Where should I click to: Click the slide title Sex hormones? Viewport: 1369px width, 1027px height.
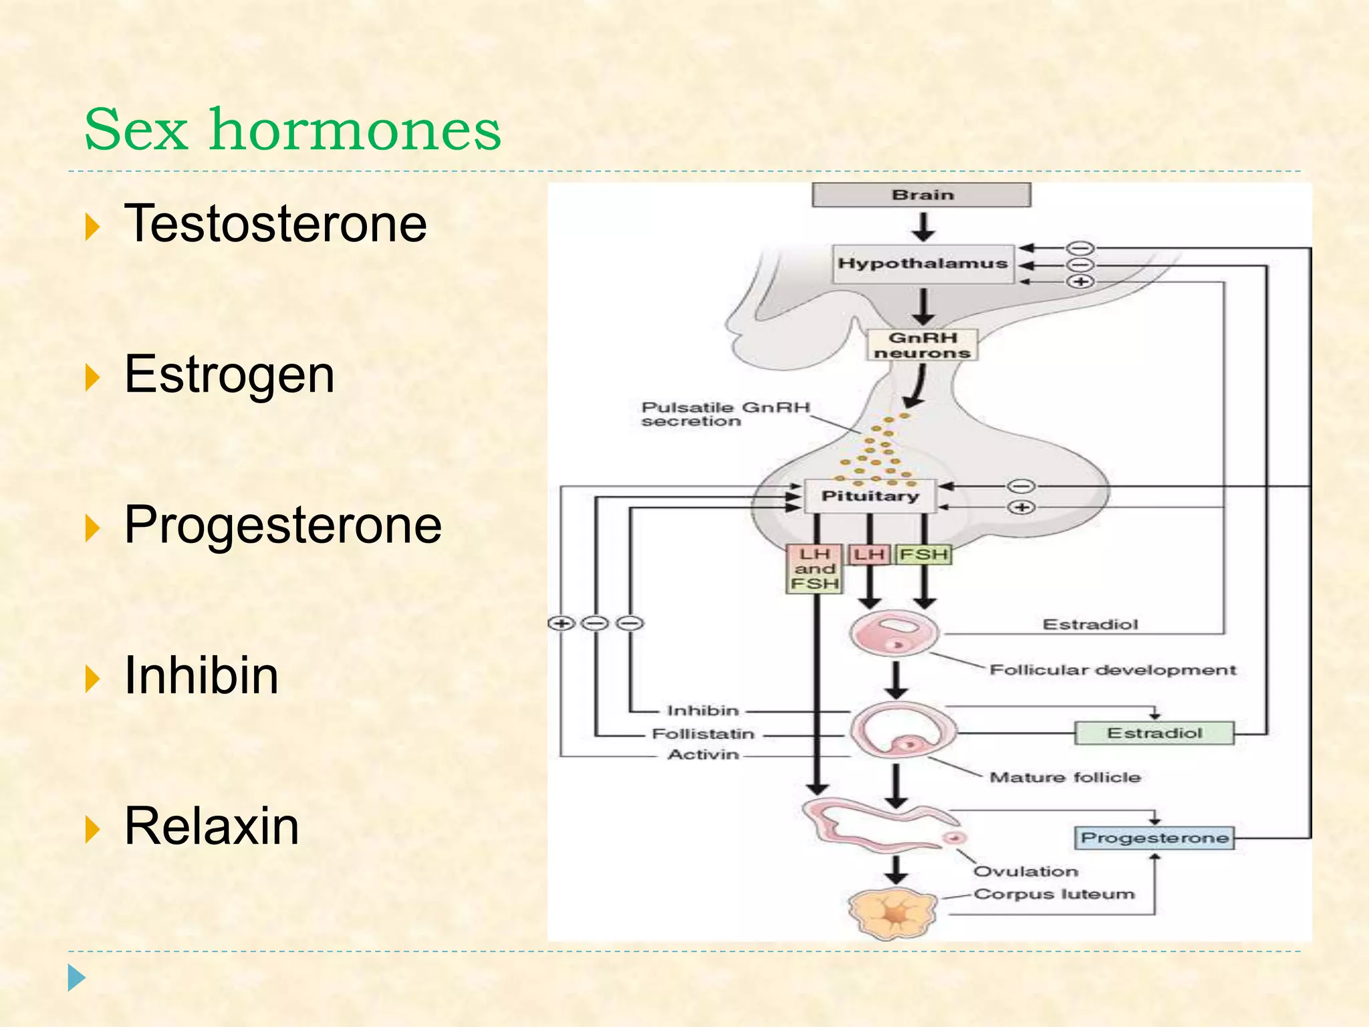292,130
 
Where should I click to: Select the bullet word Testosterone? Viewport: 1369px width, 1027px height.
275,224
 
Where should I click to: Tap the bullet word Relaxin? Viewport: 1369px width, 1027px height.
211,826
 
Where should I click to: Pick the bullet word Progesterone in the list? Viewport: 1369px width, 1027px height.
283,525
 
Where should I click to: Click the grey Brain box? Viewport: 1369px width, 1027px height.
921,195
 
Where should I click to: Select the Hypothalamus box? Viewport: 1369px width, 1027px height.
922,263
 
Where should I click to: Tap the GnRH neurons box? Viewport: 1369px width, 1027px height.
922,345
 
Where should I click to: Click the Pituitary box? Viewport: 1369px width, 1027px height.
870,496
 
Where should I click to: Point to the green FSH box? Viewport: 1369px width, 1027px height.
923,554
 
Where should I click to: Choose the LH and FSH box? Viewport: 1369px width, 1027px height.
814,569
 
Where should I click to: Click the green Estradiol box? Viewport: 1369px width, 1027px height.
1154,733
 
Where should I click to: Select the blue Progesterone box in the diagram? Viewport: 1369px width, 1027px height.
1154,838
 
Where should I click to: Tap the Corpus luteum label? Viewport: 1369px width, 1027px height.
1053,894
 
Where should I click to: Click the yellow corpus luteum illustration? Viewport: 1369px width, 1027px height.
893,914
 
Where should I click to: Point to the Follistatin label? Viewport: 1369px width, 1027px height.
703,733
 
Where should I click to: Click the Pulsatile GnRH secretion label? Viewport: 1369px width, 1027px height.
725,414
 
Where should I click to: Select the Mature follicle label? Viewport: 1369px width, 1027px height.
1064,777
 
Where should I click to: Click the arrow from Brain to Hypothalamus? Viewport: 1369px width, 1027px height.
923,227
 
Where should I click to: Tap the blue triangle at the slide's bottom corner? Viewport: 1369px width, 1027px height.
76,978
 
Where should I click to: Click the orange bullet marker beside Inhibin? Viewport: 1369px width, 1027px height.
92,679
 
